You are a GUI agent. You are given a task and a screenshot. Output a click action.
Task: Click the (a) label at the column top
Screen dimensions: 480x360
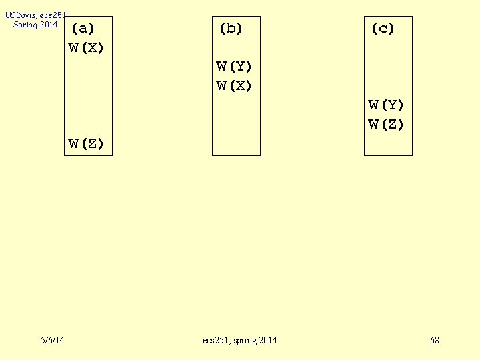83,29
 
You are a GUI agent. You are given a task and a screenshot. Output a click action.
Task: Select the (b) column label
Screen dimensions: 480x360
231,29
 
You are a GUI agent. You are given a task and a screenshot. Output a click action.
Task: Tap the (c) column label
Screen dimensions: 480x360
383,29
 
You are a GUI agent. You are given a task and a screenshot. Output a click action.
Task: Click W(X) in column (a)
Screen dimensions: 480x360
87,48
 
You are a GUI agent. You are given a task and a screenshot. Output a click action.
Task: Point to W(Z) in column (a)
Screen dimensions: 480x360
87,143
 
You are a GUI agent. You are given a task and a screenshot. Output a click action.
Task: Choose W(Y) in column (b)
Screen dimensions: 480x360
235,67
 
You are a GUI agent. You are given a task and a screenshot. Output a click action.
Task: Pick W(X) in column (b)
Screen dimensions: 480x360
235,86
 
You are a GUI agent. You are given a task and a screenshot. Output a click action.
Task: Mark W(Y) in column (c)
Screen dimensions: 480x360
387,105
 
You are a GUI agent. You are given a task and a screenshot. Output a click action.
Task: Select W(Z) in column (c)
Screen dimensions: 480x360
387,124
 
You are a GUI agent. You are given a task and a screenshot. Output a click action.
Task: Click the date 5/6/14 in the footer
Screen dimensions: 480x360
53,341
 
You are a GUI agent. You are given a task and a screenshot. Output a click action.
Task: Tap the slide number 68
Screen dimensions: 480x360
435,341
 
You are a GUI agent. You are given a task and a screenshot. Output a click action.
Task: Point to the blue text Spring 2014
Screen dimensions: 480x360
35,25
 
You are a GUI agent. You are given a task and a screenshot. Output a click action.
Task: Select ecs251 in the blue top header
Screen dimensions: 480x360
53,15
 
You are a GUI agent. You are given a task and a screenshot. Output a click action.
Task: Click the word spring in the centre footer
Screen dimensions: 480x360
245,341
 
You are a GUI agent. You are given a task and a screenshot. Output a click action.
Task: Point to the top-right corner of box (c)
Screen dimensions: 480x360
412,17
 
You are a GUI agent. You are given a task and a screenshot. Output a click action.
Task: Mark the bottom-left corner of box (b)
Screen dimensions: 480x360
213,155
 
